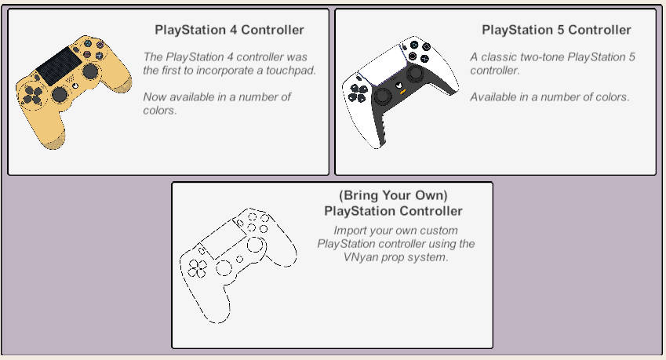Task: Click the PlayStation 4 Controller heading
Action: click(x=229, y=30)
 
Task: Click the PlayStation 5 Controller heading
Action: click(x=556, y=30)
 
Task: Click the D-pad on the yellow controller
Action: click(x=32, y=95)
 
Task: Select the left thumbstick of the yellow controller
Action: click(x=60, y=94)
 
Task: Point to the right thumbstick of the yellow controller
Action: click(x=90, y=71)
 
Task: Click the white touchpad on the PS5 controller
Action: click(x=383, y=64)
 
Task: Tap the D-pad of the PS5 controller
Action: click(x=358, y=93)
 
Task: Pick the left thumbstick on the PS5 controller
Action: click(x=382, y=96)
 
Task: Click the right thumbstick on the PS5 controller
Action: click(x=415, y=73)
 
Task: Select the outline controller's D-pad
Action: click(x=198, y=268)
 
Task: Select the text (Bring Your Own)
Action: click(x=393, y=196)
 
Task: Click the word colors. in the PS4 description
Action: click(x=160, y=111)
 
